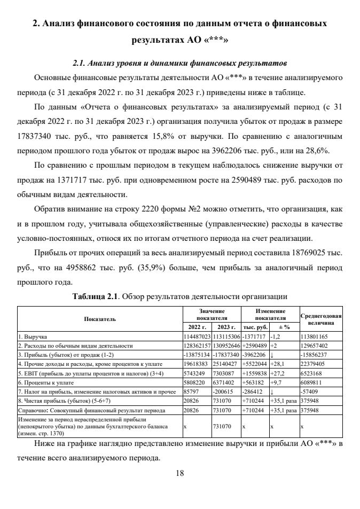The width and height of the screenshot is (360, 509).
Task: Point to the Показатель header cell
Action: click(x=99, y=319)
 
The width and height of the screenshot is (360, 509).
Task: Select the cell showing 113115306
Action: click(x=226, y=338)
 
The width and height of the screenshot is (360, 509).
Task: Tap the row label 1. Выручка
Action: click(x=32, y=338)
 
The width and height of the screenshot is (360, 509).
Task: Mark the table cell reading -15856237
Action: click(x=316, y=353)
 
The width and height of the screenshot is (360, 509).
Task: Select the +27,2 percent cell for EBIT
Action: click(x=277, y=368)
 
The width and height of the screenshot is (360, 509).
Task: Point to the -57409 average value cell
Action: click(x=310, y=390)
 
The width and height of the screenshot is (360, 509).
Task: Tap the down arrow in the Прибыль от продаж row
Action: click(x=272, y=353)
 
